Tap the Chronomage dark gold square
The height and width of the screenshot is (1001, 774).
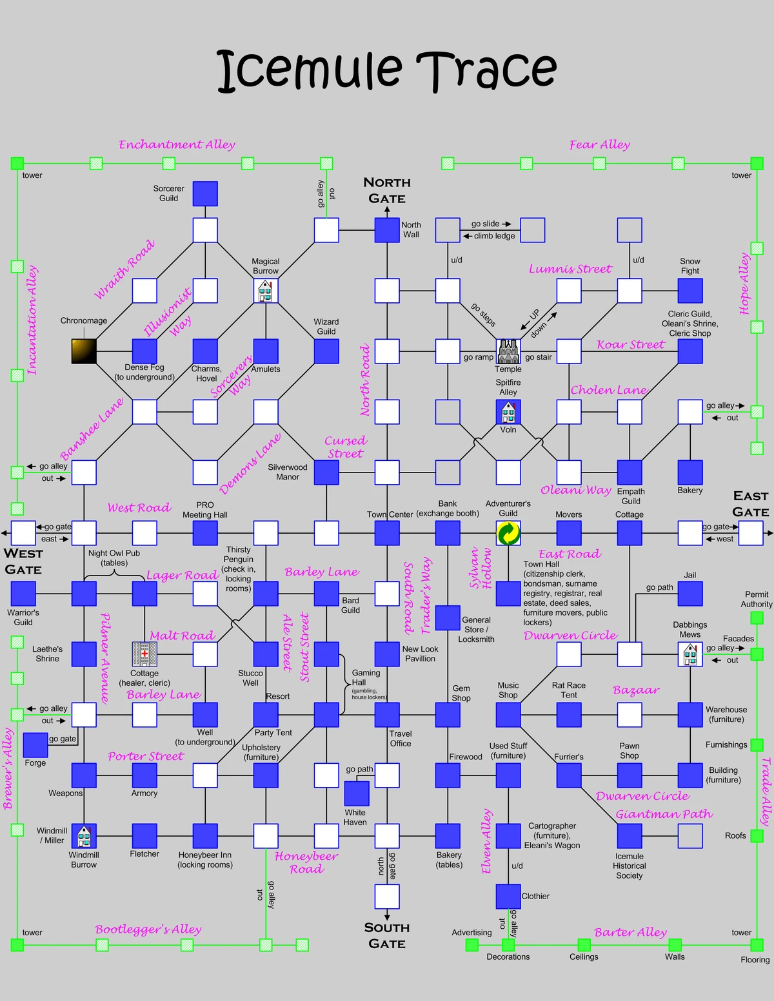point(84,351)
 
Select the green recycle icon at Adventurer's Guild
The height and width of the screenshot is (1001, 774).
point(508,533)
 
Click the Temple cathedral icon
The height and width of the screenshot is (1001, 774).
point(508,351)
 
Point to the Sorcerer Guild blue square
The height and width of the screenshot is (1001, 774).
point(205,193)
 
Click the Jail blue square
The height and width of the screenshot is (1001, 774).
point(690,594)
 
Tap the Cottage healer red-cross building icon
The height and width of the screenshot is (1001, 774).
point(144,654)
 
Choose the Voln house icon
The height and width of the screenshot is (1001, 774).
point(508,412)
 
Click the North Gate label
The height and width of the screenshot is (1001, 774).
point(387,190)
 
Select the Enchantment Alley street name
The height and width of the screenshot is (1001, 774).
point(177,145)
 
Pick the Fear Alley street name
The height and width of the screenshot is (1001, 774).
point(599,145)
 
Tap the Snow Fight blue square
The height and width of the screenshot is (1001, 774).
point(690,291)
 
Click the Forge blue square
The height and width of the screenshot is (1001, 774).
point(35,744)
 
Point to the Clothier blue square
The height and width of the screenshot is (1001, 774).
point(508,897)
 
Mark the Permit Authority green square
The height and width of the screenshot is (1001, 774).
point(757,618)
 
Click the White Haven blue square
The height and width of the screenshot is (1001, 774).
point(357,793)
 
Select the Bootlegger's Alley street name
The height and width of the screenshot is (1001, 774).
point(148,929)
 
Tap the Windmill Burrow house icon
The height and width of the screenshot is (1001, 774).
point(84,836)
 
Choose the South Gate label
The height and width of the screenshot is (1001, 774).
point(387,935)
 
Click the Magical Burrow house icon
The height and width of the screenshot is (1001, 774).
point(266,291)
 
